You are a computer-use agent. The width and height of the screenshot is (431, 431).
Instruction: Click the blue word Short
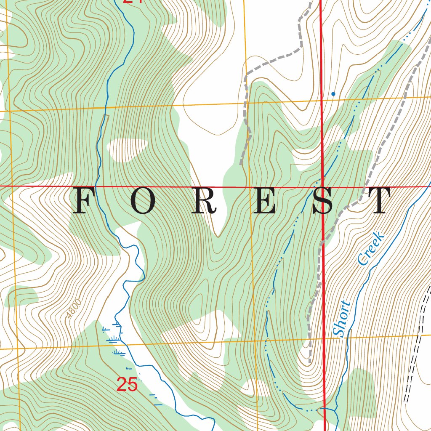342,319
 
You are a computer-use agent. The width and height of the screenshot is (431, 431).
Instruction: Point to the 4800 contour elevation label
73,309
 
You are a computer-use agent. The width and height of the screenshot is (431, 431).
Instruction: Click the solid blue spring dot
333,94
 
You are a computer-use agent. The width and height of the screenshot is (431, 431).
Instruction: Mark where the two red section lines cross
322,186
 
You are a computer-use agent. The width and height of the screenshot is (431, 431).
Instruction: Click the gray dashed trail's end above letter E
241,164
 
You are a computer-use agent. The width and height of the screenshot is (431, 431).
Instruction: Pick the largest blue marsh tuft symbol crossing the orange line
112,339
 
